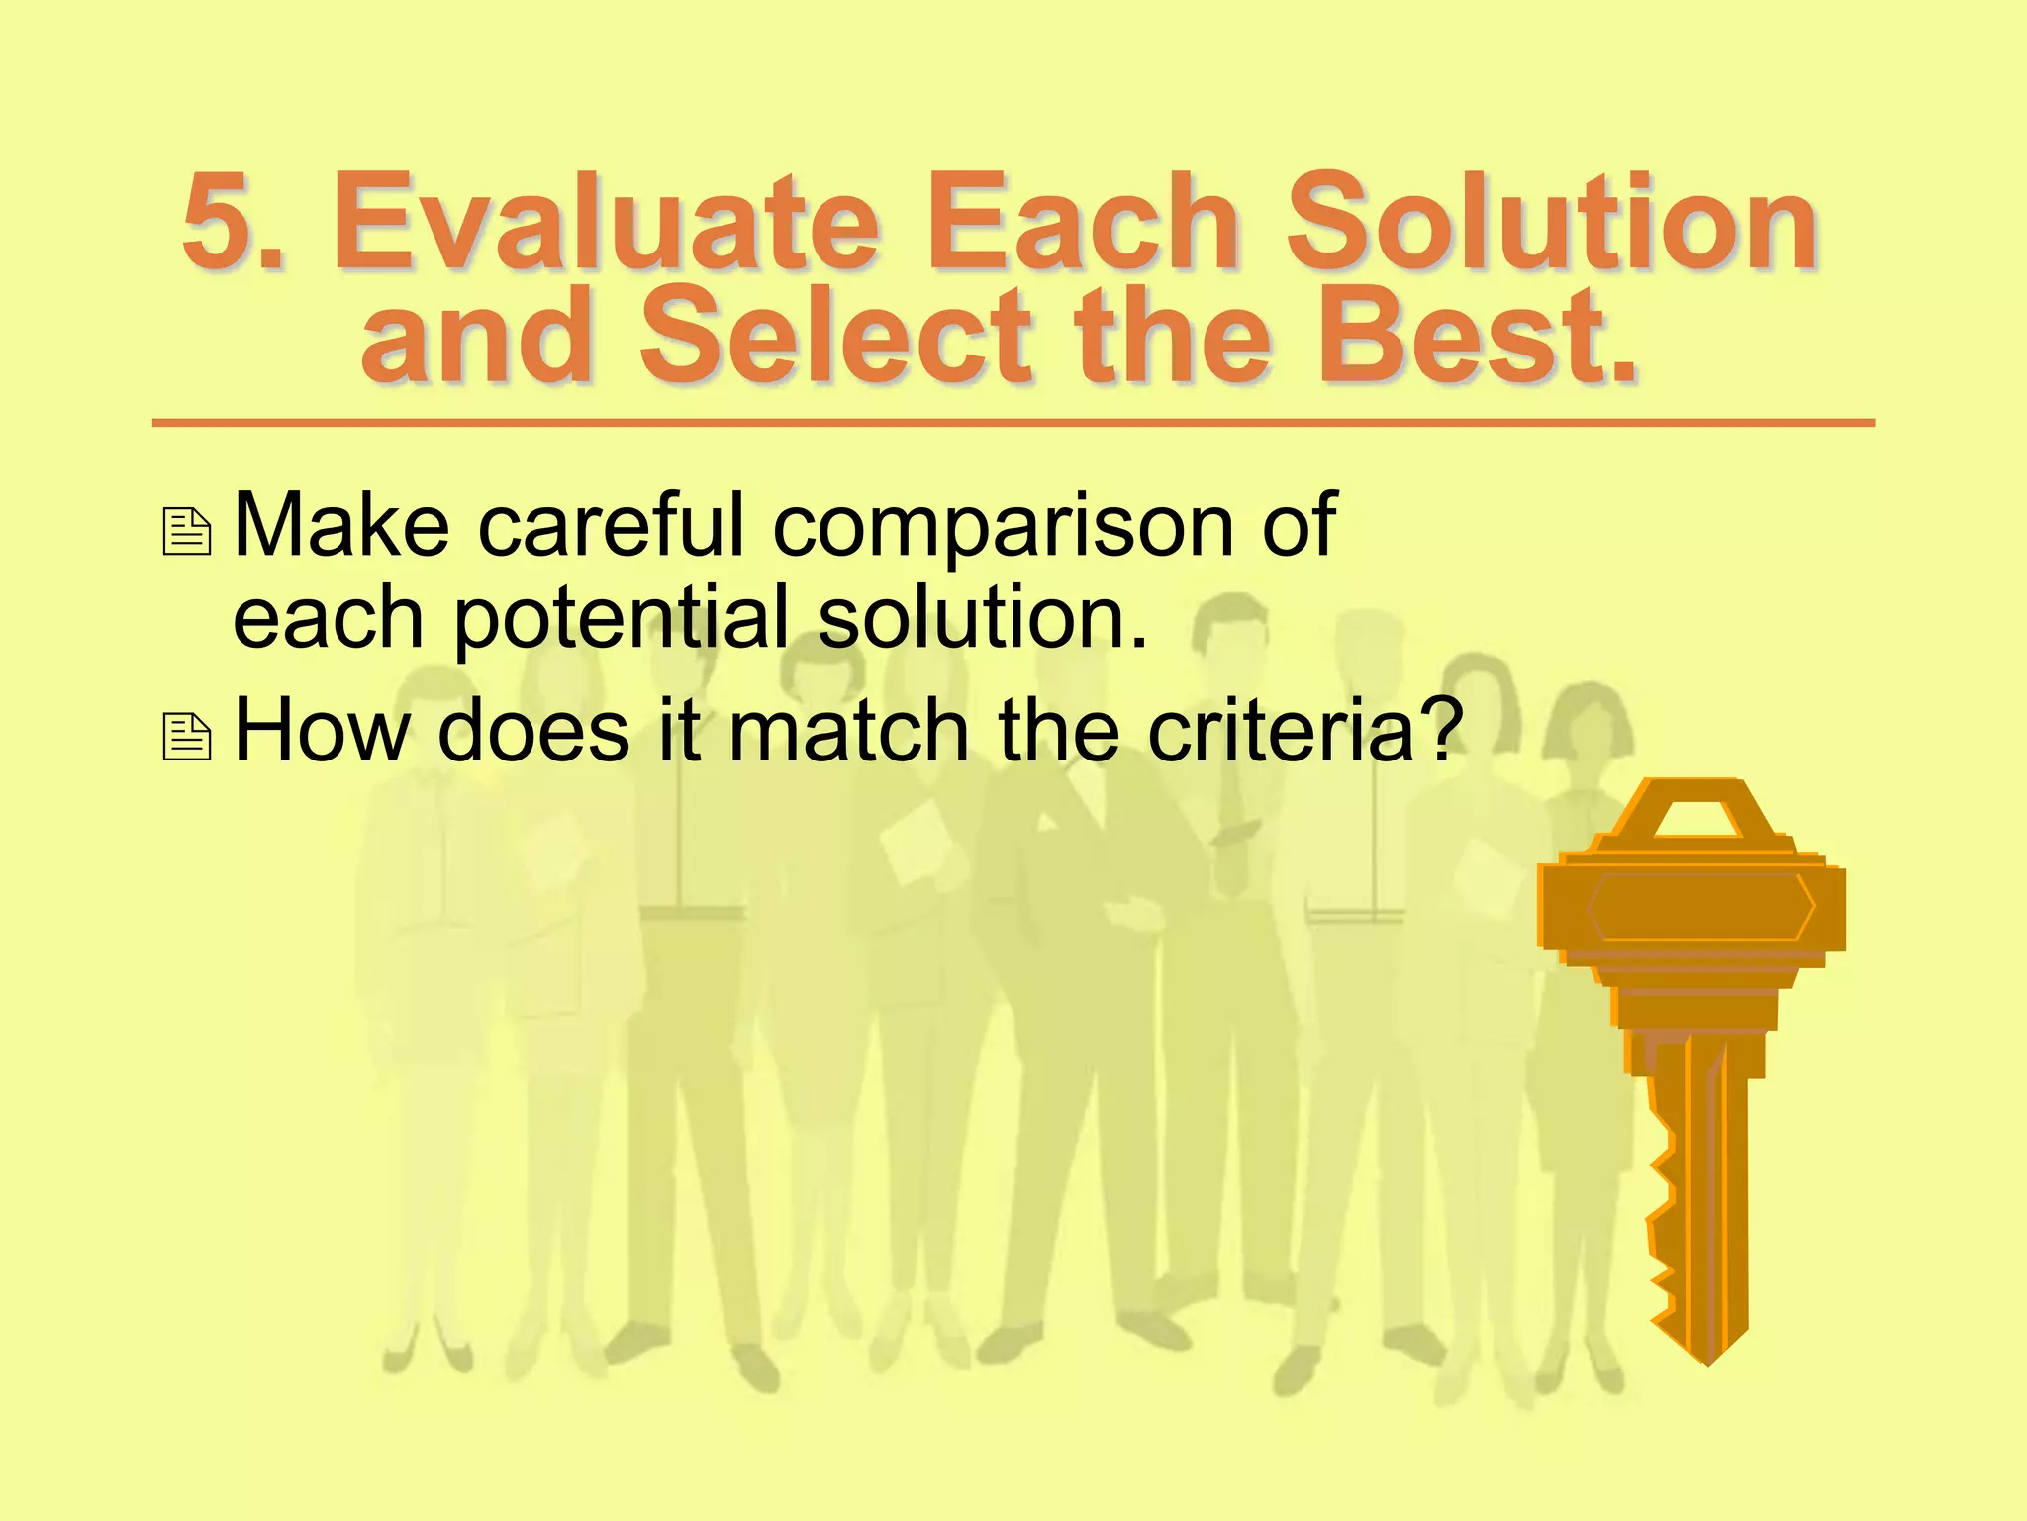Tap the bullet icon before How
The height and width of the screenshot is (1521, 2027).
[x=187, y=737]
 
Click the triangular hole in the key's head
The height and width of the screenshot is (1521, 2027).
[x=1698, y=821]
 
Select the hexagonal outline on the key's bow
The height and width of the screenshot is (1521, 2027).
[x=1700, y=906]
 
